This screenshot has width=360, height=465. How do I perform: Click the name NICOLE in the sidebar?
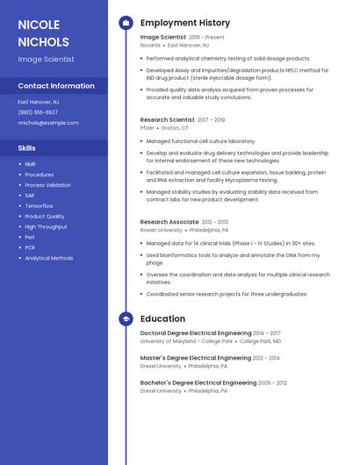pos(39,25)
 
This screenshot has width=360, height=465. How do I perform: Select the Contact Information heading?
pos(56,86)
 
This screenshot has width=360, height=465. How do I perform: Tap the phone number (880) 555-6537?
pos(38,112)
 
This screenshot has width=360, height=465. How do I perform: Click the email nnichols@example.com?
pos(48,123)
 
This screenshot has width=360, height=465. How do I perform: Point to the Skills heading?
pos(27,148)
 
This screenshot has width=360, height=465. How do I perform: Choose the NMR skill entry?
pos(31,164)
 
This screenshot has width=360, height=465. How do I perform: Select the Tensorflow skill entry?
pos(39,206)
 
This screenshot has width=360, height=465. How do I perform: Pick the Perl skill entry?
pos(30,237)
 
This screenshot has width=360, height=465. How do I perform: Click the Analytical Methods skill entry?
pos(49,258)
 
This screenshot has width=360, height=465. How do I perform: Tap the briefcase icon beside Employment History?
pos(126,22)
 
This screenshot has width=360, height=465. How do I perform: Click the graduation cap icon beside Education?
pos(126,319)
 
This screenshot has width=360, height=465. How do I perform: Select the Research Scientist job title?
pos(168,119)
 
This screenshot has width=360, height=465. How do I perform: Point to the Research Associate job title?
pos(169,222)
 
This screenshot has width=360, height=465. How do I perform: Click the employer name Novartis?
pos(151,45)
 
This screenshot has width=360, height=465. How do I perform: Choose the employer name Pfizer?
pos(148,127)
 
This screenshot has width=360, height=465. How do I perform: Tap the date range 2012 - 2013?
pos(215,222)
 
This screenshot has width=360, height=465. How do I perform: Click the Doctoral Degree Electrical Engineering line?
pos(196,333)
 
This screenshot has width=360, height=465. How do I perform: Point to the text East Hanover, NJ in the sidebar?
pos(39,102)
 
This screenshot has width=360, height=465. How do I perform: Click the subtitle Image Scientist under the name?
pos(46,60)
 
